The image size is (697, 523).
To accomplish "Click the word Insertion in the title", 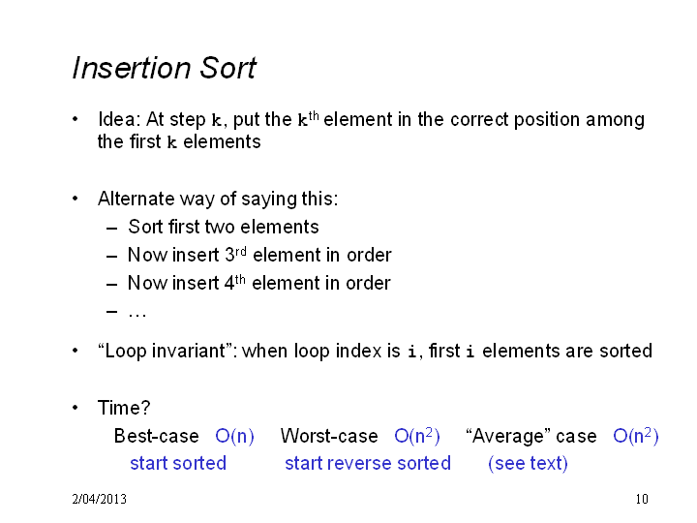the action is (132, 68).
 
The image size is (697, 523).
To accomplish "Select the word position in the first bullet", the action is (546, 120).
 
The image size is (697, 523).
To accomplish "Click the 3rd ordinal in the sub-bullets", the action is (235, 254).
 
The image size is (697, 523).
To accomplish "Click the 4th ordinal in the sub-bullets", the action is (234, 282).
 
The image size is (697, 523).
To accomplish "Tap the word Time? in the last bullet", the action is (124, 408).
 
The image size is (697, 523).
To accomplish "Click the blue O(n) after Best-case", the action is (234, 436).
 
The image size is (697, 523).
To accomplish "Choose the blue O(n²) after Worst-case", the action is (417, 436).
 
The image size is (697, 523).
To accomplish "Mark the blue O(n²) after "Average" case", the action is (636, 436).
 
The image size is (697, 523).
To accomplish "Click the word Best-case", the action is (156, 436).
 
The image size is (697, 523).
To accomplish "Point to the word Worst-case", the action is (329, 436).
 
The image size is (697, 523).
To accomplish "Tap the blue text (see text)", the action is (528, 463).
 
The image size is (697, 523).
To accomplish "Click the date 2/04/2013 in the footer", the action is (99, 499).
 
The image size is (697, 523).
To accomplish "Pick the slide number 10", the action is (642, 499).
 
